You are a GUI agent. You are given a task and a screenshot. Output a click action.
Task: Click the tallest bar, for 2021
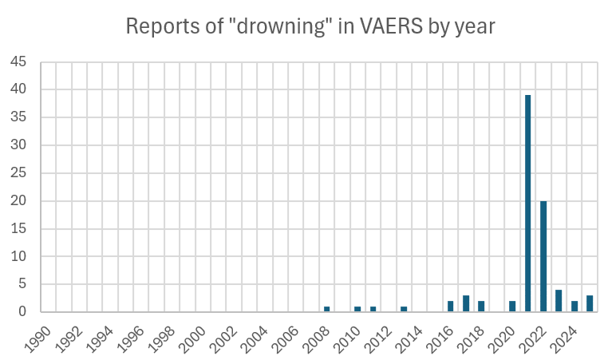click(x=528, y=204)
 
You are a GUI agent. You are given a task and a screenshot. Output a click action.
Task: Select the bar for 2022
click(x=543, y=256)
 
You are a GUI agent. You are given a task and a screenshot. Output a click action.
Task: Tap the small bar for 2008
click(x=327, y=309)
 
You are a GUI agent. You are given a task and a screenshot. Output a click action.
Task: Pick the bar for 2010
click(x=357, y=309)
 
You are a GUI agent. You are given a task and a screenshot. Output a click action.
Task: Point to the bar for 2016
click(x=451, y=307)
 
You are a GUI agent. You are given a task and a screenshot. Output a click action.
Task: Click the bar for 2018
click(x=481, y=307)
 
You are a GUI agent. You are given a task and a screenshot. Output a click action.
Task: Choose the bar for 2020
click(x=512, y=307)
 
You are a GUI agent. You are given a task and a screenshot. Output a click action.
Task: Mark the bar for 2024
click(x=574, y=307)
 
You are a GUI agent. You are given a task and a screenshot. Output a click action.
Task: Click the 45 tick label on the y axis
click(x=18, y=61)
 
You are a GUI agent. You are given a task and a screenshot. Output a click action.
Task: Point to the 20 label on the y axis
click(x=18, y=201)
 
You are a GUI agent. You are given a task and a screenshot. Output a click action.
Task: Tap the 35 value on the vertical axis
click(x=18, y=117)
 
